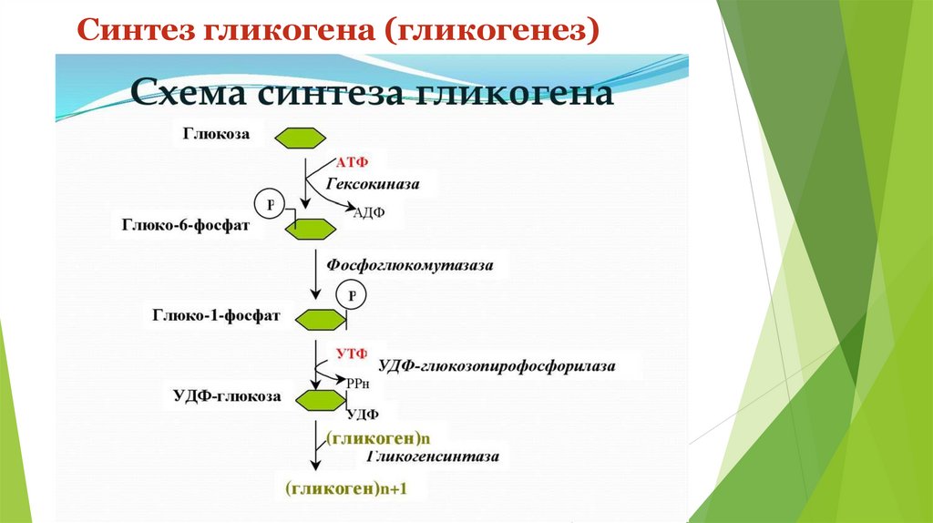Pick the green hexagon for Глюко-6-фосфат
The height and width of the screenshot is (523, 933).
point(310,230)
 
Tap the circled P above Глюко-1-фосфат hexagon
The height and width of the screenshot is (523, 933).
point(351,295)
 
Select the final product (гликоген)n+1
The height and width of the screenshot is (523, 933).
point(345,489)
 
